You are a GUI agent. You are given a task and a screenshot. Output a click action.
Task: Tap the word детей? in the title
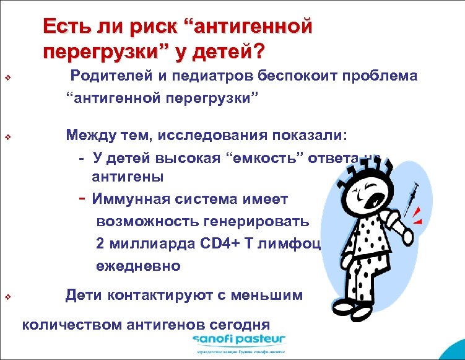228,53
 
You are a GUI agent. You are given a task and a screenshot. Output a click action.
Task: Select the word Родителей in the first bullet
106,76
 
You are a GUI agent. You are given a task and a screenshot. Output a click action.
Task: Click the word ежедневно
139,266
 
